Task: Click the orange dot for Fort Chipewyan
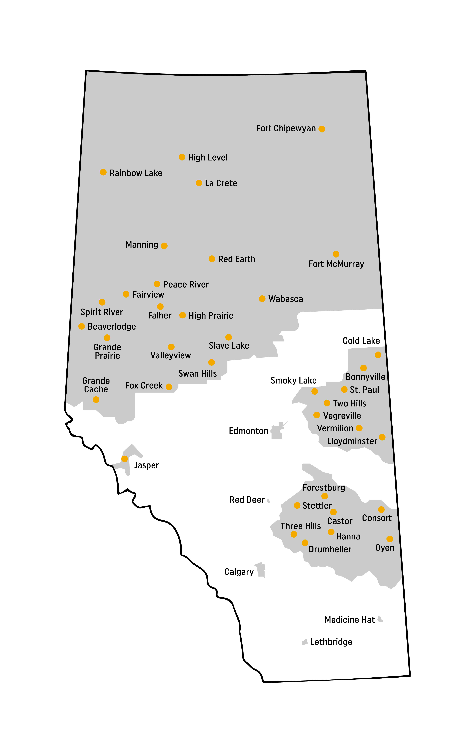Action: pos(322,129)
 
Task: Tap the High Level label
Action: pos(208,157)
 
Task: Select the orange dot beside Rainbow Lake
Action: pos(103,172)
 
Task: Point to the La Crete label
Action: pos(221,183)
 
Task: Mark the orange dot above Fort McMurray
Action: pos(336,254)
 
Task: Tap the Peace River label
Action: pos(186,284)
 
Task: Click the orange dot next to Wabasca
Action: pos(262,299)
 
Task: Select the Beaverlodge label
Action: pos(112,326)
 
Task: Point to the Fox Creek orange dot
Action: pos(169,387)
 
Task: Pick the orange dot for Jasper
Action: pos(124,459)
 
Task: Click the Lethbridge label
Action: pos(331,642)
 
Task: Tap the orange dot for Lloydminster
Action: pos(382,437)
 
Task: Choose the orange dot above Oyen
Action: pos(390,539)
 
